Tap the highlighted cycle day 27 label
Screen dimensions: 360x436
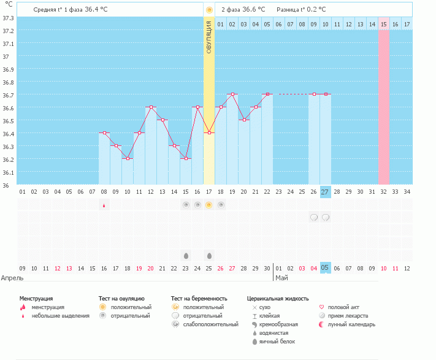tap(325, 192)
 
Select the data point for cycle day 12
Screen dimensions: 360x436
tap(151, 107)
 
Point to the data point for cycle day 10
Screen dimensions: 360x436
tap(128, 158)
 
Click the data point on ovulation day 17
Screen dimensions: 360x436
tap(209, 132)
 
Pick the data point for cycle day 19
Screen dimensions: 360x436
tap(232, 94)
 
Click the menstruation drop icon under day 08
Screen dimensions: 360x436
tap(104, 205)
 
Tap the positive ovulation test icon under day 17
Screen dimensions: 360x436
tap(209, 205)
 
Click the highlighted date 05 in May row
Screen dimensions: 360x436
tap(325, 267)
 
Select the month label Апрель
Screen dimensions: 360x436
tap(13, 278)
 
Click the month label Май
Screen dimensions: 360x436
tap(281, 278)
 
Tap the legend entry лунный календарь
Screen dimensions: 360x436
tap(351, 324)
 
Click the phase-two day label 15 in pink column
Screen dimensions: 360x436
tap(384, 24)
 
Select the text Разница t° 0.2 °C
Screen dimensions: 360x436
tap(301, 10)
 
